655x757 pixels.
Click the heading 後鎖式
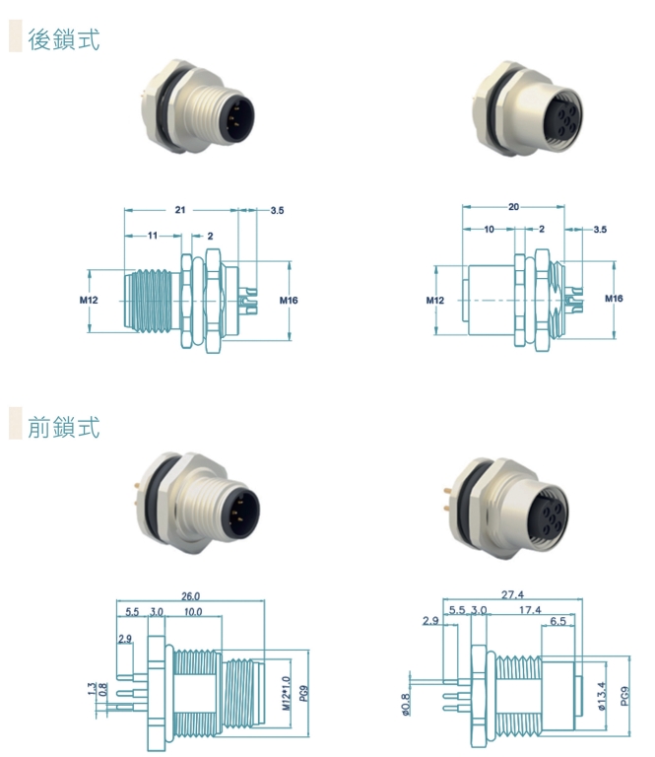coord(64,39)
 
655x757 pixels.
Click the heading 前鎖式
coord(64,427)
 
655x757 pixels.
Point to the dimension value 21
coord(180,210)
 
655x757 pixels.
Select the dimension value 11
coord(153,236)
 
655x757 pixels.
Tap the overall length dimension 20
coord(513,207)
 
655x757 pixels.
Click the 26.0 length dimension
coord(190,596)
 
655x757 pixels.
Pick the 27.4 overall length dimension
coord(512,594)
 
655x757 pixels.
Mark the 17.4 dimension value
coord(530,610)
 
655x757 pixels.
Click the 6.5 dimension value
coord(558,621)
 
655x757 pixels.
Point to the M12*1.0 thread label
coord(287,693)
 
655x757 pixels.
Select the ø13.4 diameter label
coord(602,696)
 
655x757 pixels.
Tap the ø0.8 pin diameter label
coord(405,705)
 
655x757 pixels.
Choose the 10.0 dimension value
coord(193,612)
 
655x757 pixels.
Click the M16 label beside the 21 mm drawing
coord(289,301)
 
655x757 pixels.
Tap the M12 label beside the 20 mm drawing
coord(435,301)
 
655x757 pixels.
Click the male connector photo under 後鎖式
coord(198,107)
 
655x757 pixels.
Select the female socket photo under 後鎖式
coord(528,108)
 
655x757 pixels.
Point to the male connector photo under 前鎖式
coord(199,504)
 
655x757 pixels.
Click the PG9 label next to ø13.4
coord(625,696)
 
